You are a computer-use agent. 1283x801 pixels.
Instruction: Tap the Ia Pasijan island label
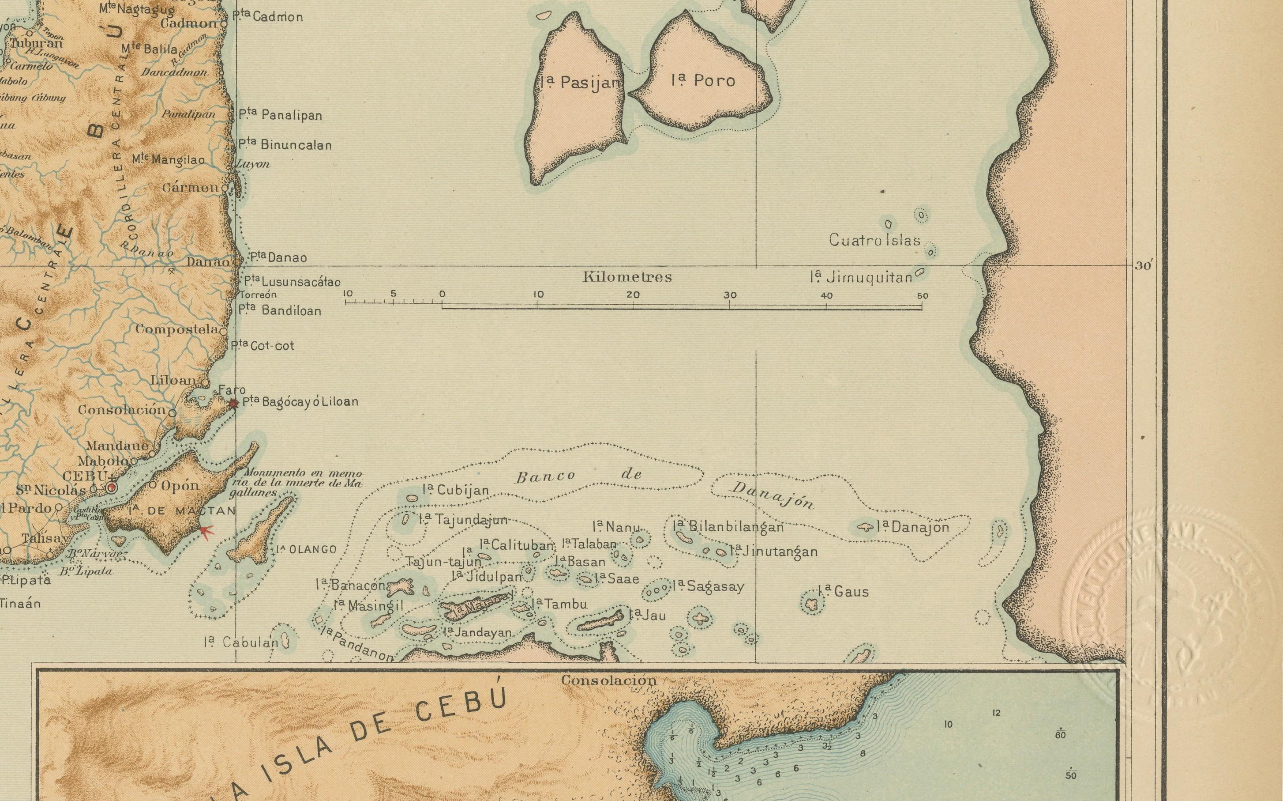pyautogui.click(x=581, y=83)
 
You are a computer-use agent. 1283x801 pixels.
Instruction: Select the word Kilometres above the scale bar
pyautogui.click(x=627, y=277)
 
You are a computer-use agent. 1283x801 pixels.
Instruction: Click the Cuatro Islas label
pyautogui.click(x=874, y=241)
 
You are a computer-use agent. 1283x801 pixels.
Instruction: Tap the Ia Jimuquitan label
pyautogui.click(x=861, y=277)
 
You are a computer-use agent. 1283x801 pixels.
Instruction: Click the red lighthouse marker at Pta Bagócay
pyautogui.click(x=233, y=404)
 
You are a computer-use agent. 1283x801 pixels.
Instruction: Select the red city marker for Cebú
pyautogui.click(x=111, y=487)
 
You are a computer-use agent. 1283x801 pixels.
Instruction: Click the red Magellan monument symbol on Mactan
pyautogui.click(x=206, y=530)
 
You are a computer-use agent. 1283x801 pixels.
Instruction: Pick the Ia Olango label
pyautogui.click(x=306, y=549)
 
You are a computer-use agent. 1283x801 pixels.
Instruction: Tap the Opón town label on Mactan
pyautogui.click(x=180, y=486)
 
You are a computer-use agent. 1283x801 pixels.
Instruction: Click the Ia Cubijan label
pyautogui.click(x=456, y=491)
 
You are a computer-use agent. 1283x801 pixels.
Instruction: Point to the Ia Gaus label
pyautogui.click(x=843, y=592)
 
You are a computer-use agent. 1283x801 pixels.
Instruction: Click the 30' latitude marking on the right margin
pyautogui.click(x=1143, y=266)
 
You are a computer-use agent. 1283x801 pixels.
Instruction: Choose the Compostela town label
pyautogui.click(x=176, y=329)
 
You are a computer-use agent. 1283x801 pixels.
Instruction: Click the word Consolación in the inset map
pyautogui.click(x=609, y=680)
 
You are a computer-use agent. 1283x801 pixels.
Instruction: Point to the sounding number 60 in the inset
pyautogui.click(x=1060, y=735)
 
